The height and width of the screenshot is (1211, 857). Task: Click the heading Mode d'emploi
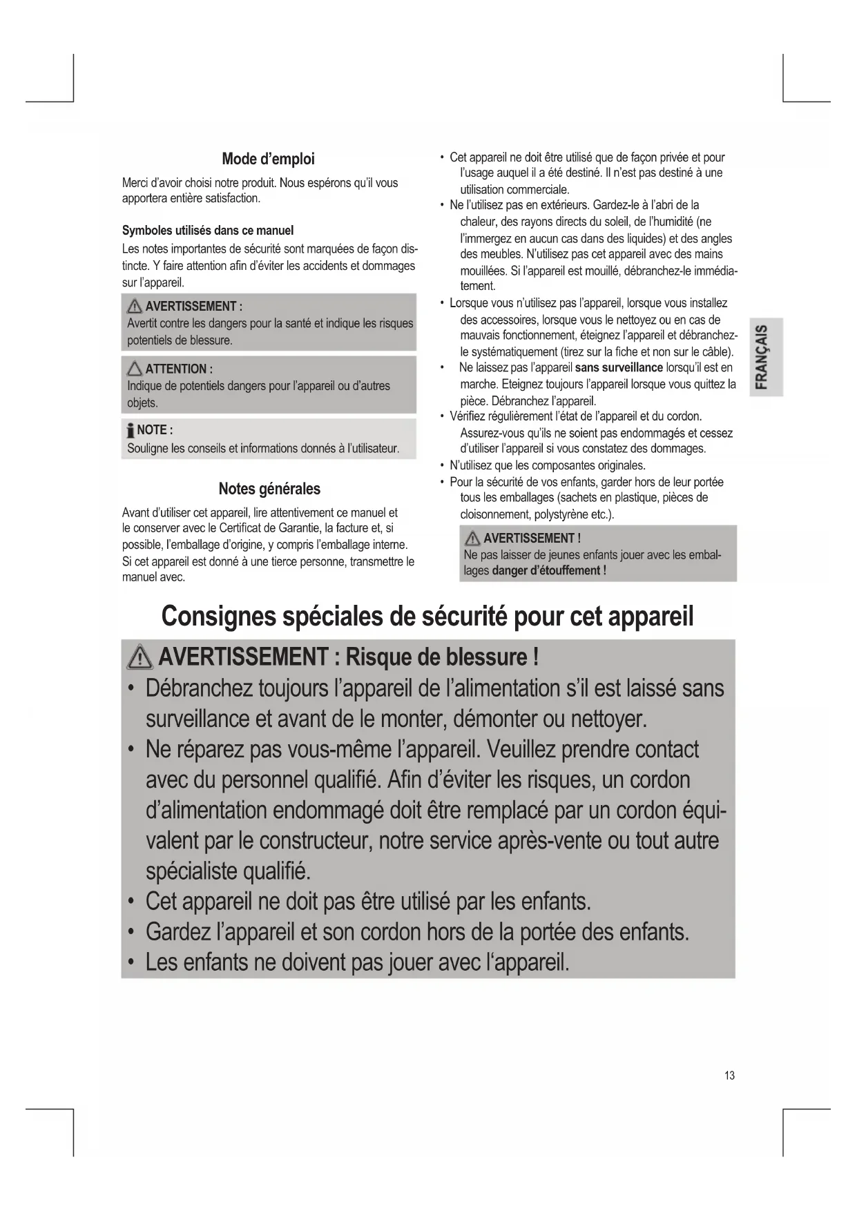point(268,159)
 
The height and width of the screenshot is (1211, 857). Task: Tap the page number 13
point(730,1076)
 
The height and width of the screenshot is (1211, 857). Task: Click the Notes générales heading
point(269,490)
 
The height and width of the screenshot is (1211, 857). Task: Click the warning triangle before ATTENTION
point(135,369)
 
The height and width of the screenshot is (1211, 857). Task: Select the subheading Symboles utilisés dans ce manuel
point(208,231)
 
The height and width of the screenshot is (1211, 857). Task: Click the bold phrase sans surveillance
point(619,367)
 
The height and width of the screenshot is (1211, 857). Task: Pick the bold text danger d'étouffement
point(548,571)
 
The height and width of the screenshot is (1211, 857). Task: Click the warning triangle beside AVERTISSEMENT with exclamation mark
point(472,539)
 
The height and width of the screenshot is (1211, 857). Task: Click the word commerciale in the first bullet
point(538,189)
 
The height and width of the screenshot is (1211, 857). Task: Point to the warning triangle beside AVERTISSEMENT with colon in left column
point(135,307)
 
